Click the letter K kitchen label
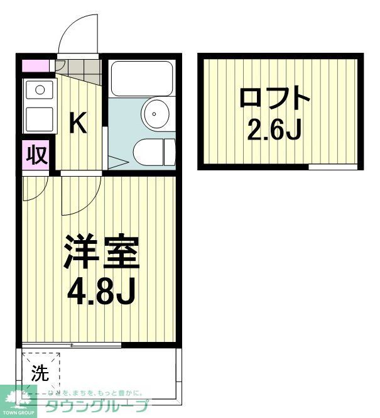coord(77,123)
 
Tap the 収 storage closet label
coord(36,155)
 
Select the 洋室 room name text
coord(100,252)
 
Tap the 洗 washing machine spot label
coord(40,373)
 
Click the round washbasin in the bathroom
coord(155,113)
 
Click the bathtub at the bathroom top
coord(141,78)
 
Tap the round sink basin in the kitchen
coord(40,89)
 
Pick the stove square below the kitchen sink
coord(39,118)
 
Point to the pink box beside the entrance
coord(35,65)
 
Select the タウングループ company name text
coord(97,405)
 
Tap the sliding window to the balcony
coord(72,344)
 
